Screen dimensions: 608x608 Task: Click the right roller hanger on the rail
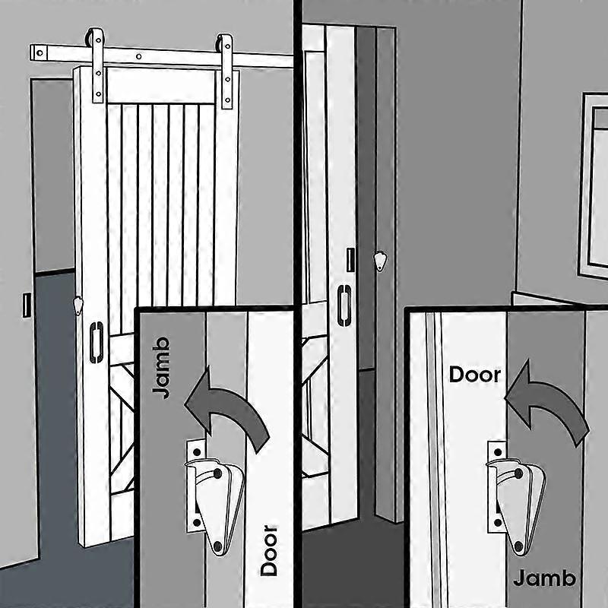point(226,71)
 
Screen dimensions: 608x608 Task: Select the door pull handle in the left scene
point(97,342)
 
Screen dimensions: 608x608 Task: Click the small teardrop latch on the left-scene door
point(78,306)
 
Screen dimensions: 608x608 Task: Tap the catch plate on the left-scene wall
point(27,304)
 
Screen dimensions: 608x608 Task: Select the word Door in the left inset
point(268,549)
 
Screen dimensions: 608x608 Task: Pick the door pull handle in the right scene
point(343,304)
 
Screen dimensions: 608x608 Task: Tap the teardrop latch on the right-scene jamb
point(379,261)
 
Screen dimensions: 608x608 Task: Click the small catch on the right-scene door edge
point(350,259)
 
